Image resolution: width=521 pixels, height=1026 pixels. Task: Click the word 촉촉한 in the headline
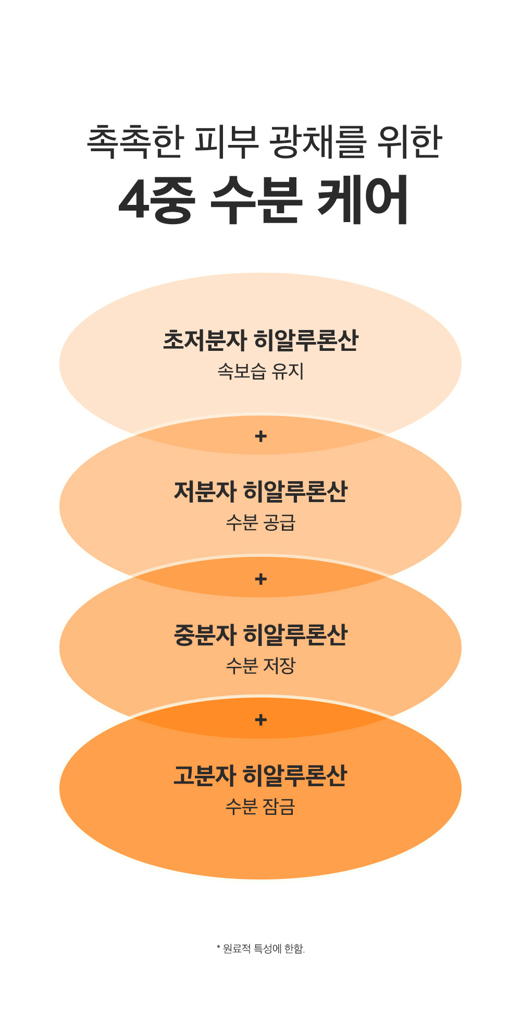(x=135, y=142)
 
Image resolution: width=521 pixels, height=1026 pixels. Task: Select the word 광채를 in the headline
(x=317, y=142)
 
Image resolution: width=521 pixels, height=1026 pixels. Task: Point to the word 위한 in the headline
(x=410, y=142)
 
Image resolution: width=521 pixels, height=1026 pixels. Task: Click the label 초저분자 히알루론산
(x=260, y=340)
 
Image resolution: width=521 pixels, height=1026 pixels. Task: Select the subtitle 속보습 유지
(x=260, y=371)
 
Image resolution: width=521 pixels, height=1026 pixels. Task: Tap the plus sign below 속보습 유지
(x=261, y=436)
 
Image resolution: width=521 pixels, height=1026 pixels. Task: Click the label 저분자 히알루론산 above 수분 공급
(x=260, y=492)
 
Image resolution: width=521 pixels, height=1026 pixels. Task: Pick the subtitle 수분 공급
(x=260, y=522)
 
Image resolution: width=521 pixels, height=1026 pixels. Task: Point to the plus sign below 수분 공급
(x=261, y=579)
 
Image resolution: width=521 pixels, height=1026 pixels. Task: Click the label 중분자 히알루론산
(x=260, y=635)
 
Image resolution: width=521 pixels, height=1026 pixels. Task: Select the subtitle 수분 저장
(x=260, y=666)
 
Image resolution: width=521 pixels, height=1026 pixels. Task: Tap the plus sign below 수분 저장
(x=261, y=720)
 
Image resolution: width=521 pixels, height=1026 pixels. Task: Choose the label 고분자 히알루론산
(x=260, y=776)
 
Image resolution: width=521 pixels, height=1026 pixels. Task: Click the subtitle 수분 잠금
(x=260, y=807)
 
